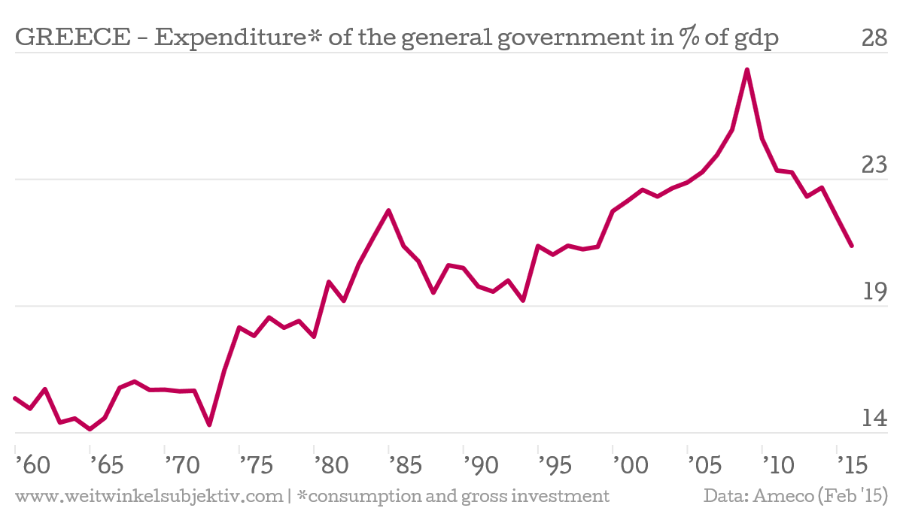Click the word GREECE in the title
click(x=72, y=38)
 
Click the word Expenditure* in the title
click(x=238, y=38)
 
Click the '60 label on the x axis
click(x=32, y=465)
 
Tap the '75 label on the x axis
click(x=257, y=465)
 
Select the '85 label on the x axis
click(x=406, y=465)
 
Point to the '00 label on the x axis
click(x=631, y=465)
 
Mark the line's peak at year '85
click(x=388, y=210)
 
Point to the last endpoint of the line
click(x=852, y=246)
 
